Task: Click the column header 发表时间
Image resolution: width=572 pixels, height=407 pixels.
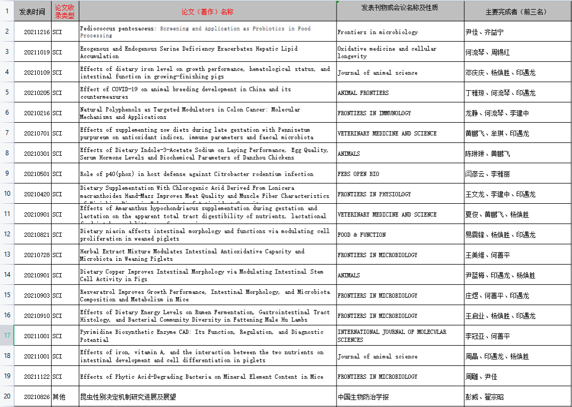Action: point(32,12)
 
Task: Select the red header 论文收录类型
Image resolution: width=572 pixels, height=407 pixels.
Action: point(65,12)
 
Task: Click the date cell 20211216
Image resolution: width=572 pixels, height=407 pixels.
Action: point(37,32)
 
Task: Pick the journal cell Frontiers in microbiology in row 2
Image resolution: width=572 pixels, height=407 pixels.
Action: point(378,32)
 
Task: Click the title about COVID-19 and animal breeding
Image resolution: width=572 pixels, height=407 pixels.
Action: point(185,93)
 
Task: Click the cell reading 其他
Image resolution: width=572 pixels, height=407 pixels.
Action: point(59,397)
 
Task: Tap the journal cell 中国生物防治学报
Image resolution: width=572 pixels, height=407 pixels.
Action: point(363,397)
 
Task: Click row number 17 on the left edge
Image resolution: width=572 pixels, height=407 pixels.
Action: point(7,336)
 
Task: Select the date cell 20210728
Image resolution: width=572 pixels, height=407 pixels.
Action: point(37,255)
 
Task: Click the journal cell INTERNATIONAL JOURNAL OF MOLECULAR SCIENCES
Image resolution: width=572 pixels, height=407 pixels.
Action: point(392,336)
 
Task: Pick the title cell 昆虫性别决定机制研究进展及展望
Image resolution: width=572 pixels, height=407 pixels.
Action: point(128,397)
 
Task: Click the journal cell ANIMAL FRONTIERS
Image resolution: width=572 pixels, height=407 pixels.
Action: point(363,93)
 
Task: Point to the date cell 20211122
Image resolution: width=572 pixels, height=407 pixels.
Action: point(37,377)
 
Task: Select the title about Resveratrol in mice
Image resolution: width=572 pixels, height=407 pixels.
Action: point(205,296)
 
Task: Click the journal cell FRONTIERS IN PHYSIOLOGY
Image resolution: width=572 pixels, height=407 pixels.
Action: point(374,194)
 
